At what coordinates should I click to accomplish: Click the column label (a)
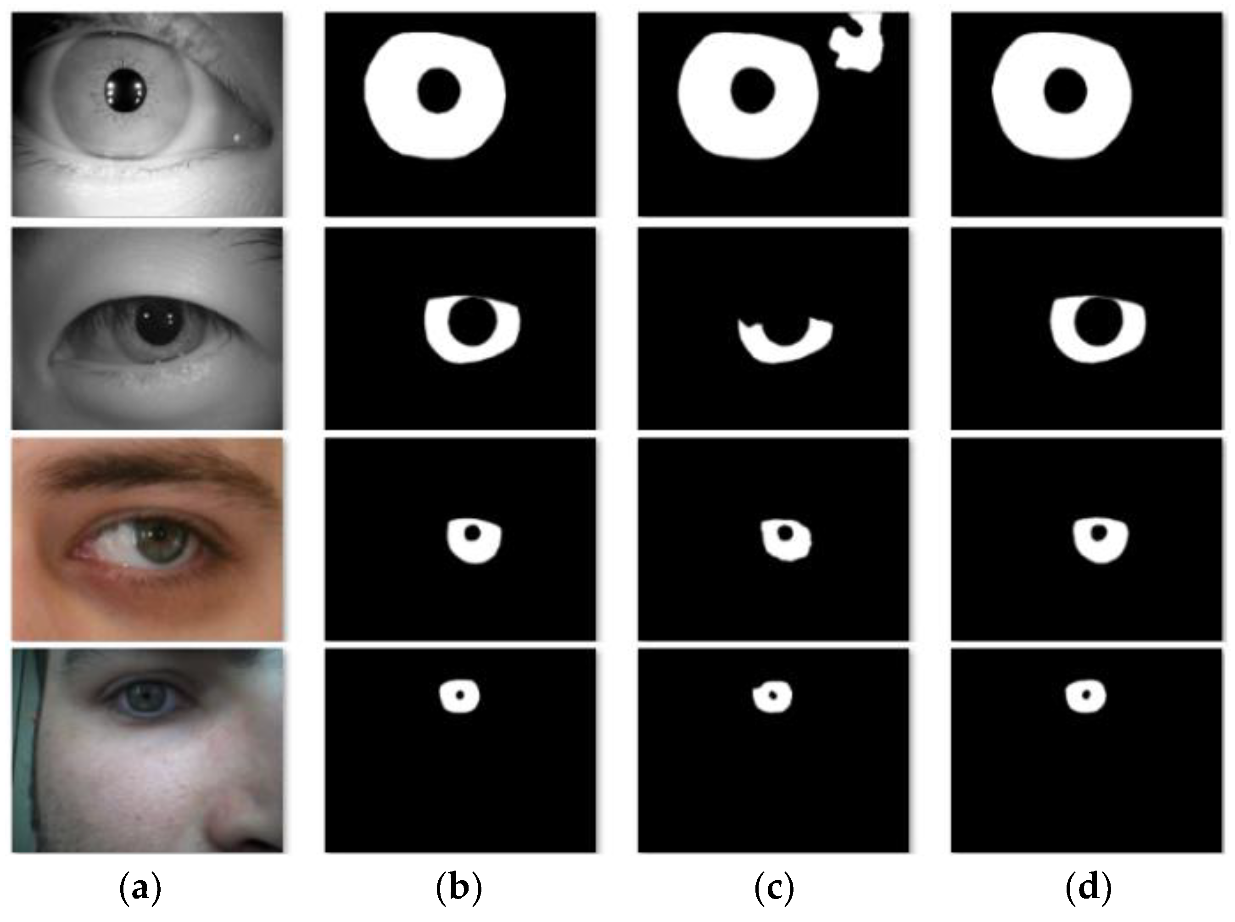pos(140,888)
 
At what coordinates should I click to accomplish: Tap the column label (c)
pos(773,888)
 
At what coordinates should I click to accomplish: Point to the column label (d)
pos(1088,888)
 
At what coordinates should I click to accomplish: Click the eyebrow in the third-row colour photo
pos(145,472)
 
